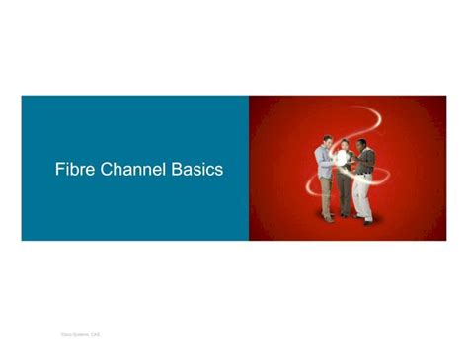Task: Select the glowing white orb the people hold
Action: (x=346, y=168)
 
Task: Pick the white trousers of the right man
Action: (x=365, y=198)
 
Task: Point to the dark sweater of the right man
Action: (x=366, y=161)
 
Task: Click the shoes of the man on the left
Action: (x=328, y=219)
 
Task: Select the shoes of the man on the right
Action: (x=366, y=221)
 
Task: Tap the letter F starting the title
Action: (x=59, y=170)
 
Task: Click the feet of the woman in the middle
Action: (x=346, y=216)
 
